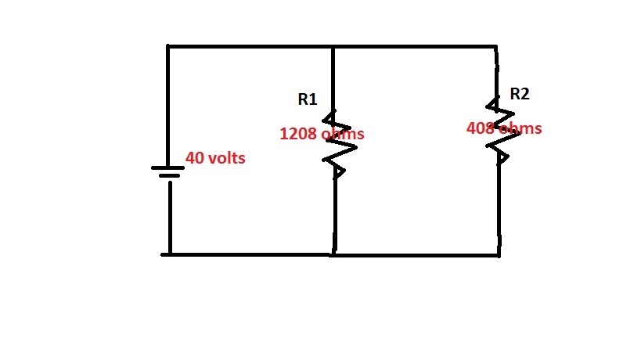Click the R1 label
307,99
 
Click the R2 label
519,94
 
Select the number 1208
298,134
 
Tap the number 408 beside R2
479,128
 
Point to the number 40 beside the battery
194,158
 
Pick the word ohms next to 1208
342,134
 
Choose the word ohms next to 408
520,128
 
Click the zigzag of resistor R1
335,144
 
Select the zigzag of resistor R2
498,130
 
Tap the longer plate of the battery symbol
169,167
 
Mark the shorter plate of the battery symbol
169,176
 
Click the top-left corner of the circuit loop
168,47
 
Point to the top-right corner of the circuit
496,47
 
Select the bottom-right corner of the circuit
499,254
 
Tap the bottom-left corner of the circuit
169,254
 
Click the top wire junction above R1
334,47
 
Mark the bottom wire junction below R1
334,254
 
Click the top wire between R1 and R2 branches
415,47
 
